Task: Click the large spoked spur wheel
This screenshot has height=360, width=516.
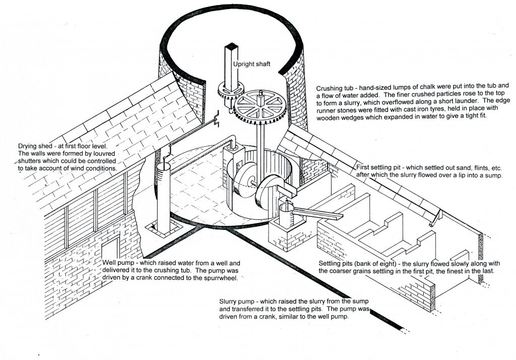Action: point(257,108)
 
